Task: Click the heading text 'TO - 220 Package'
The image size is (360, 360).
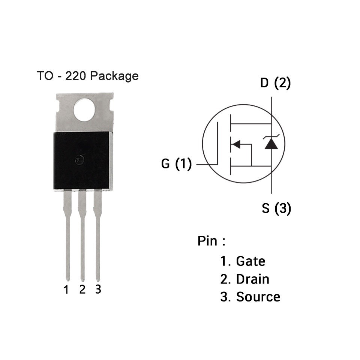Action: pos(88,76)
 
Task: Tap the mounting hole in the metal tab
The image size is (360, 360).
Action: pos(84,109)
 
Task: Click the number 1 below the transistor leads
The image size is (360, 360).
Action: pos(66,290)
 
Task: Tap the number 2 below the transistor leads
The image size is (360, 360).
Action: pos(82,289)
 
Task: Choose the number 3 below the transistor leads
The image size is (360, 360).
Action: pos(98,289)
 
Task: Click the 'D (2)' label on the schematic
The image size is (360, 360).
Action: pos(275,83)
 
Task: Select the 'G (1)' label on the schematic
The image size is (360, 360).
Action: pos(176,164)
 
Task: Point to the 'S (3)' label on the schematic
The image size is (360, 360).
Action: pos(276,208)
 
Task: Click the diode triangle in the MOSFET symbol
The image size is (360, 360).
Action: pos(271,144)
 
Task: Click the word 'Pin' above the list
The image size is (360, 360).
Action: pos(207,241)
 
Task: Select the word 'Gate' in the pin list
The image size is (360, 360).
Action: pos(250,261)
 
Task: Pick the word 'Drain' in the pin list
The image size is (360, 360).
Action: pos(252,279)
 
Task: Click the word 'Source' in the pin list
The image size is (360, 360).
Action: pos(258,297)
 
